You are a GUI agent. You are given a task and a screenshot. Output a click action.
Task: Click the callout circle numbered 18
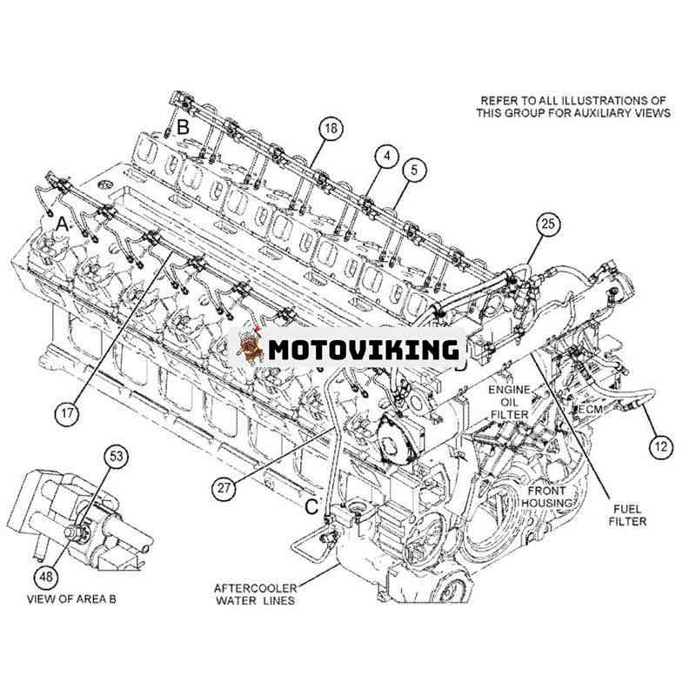tap(331, 128)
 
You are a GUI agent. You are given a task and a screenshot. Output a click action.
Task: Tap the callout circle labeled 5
tap(414, 170)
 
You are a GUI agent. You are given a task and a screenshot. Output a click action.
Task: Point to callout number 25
tap(548, 224)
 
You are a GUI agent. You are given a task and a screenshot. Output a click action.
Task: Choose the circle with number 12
tap(661, 446)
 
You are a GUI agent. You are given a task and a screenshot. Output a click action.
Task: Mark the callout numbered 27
tap(224, 488)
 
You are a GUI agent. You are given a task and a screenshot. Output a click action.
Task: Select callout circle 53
tap(117, 456)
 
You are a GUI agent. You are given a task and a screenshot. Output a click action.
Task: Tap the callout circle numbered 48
tap(46, 576)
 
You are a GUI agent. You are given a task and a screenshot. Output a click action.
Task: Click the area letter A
tap(63, 225)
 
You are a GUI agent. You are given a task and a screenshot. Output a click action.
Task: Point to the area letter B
tap(183, 127)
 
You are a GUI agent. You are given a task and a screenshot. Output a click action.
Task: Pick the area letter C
tap(311, 506)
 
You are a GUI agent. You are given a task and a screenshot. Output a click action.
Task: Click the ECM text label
tap(591, 409)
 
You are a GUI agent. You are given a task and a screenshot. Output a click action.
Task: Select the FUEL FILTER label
tap(627, 515)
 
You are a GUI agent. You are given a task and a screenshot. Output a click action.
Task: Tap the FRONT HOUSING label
tap(547, 497)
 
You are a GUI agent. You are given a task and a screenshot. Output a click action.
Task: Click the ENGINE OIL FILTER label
tap(509, 402)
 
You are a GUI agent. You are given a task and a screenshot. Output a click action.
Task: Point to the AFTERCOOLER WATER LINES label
tap(256, 594)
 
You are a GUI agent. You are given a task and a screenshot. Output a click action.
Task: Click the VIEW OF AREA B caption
tap(71, 599)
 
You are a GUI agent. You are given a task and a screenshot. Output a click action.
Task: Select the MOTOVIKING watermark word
tap(364, 350)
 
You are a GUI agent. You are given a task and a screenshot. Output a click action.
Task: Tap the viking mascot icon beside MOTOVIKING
tap(249, 346)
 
